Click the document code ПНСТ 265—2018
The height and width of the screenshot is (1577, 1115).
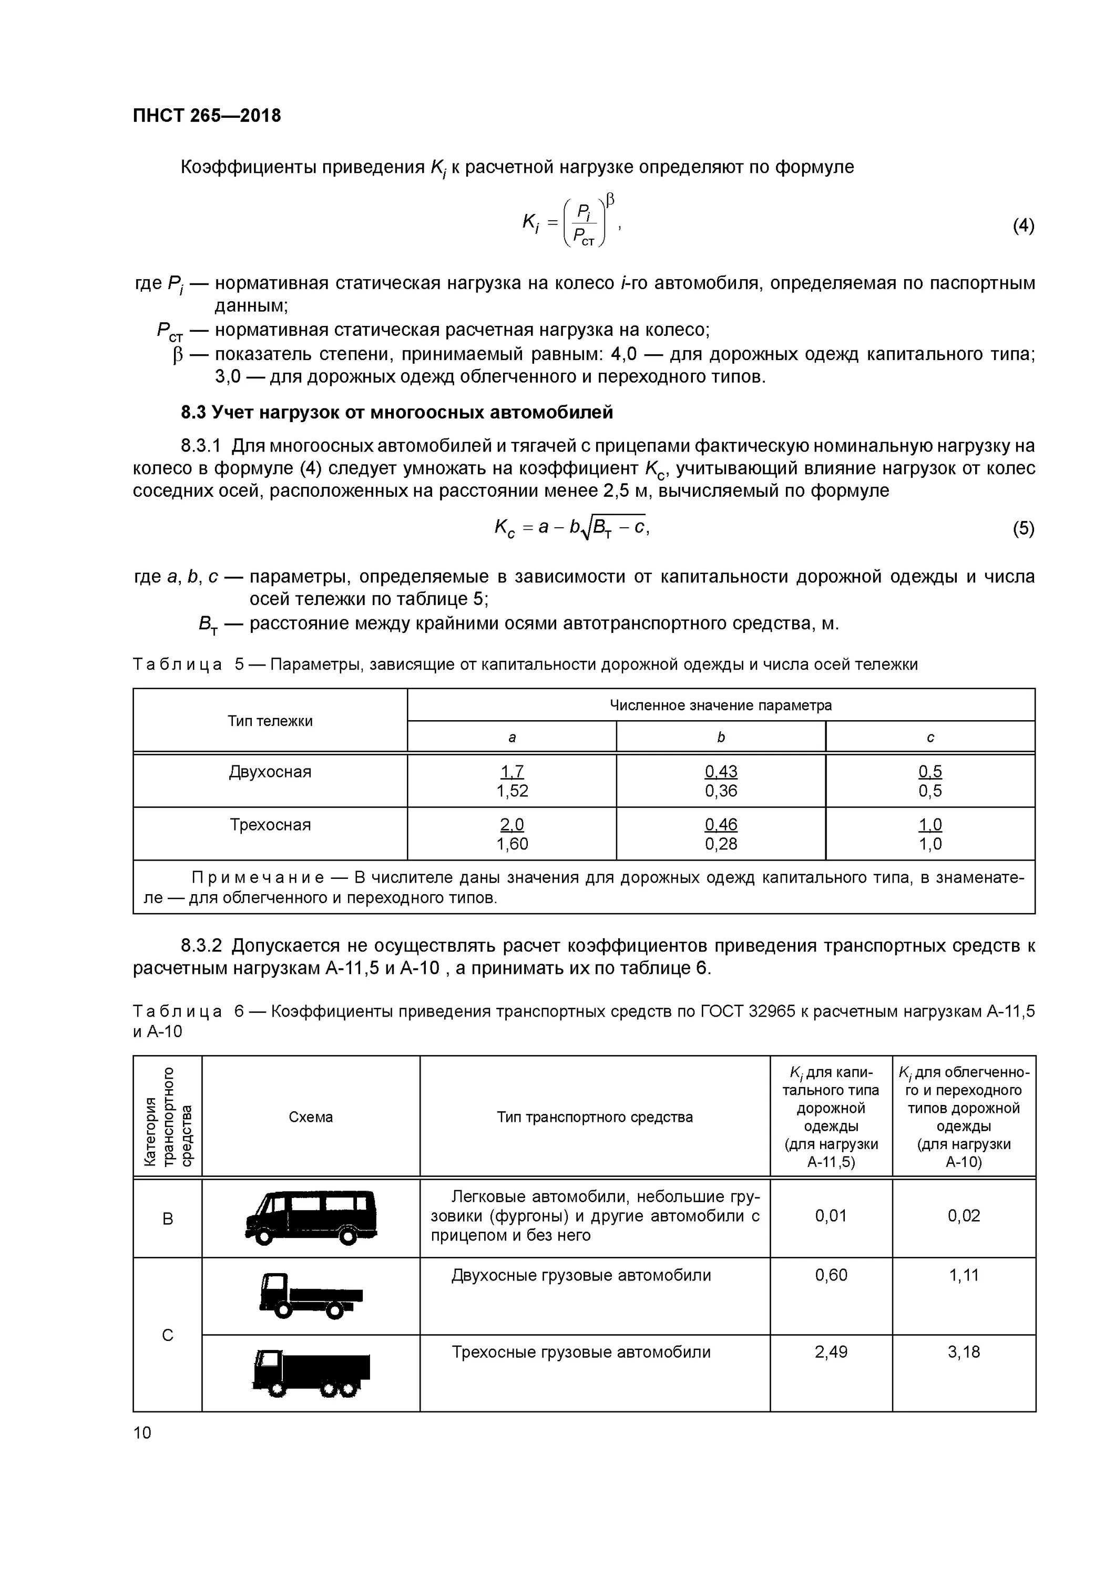click(207, 116)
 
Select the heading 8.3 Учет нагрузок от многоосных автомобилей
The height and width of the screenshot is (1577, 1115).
click(396, 412)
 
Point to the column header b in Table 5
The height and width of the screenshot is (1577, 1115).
click(721, 737)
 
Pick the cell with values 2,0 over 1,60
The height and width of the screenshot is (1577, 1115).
click(512, 834)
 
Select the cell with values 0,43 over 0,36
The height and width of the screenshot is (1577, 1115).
click(721, 781)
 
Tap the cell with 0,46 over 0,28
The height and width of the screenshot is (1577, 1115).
click(721, 834)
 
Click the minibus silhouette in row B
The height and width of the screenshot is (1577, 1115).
click(311, 1218)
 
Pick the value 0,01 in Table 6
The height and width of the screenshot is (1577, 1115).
click(831, 1216)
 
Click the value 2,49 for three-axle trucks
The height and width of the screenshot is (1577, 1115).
click(831, 1351)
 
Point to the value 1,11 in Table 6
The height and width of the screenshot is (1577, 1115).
click(963, 1275)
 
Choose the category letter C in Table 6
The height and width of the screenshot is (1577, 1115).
click(167, 1335)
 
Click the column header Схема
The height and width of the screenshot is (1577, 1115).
click(311, 1117)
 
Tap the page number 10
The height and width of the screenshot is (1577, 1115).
click(142, 1432)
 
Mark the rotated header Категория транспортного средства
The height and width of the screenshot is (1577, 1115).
click(168, 1117)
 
